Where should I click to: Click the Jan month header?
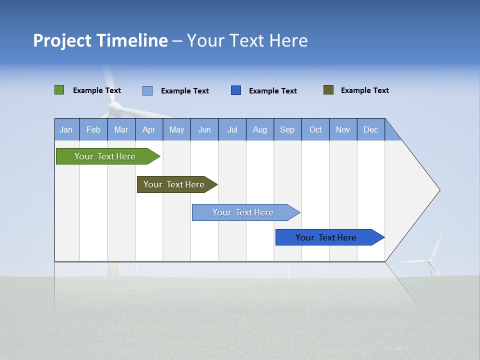point(66,129)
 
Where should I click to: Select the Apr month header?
point(148,129)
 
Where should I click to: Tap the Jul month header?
point(232,129)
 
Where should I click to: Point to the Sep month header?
point(287,129)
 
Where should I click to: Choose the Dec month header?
point(370,129)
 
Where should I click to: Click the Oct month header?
point(315,129)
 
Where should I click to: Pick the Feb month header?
point(93,129)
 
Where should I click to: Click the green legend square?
point(59,90)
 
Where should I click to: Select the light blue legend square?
point(147,90)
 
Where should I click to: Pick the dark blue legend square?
point(236,90)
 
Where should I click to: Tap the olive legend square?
point(328,90)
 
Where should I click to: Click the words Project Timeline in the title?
point(100,40)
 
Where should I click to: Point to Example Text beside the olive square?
point(364,90)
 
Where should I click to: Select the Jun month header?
point(204,129)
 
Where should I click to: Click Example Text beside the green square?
point(96,90)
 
